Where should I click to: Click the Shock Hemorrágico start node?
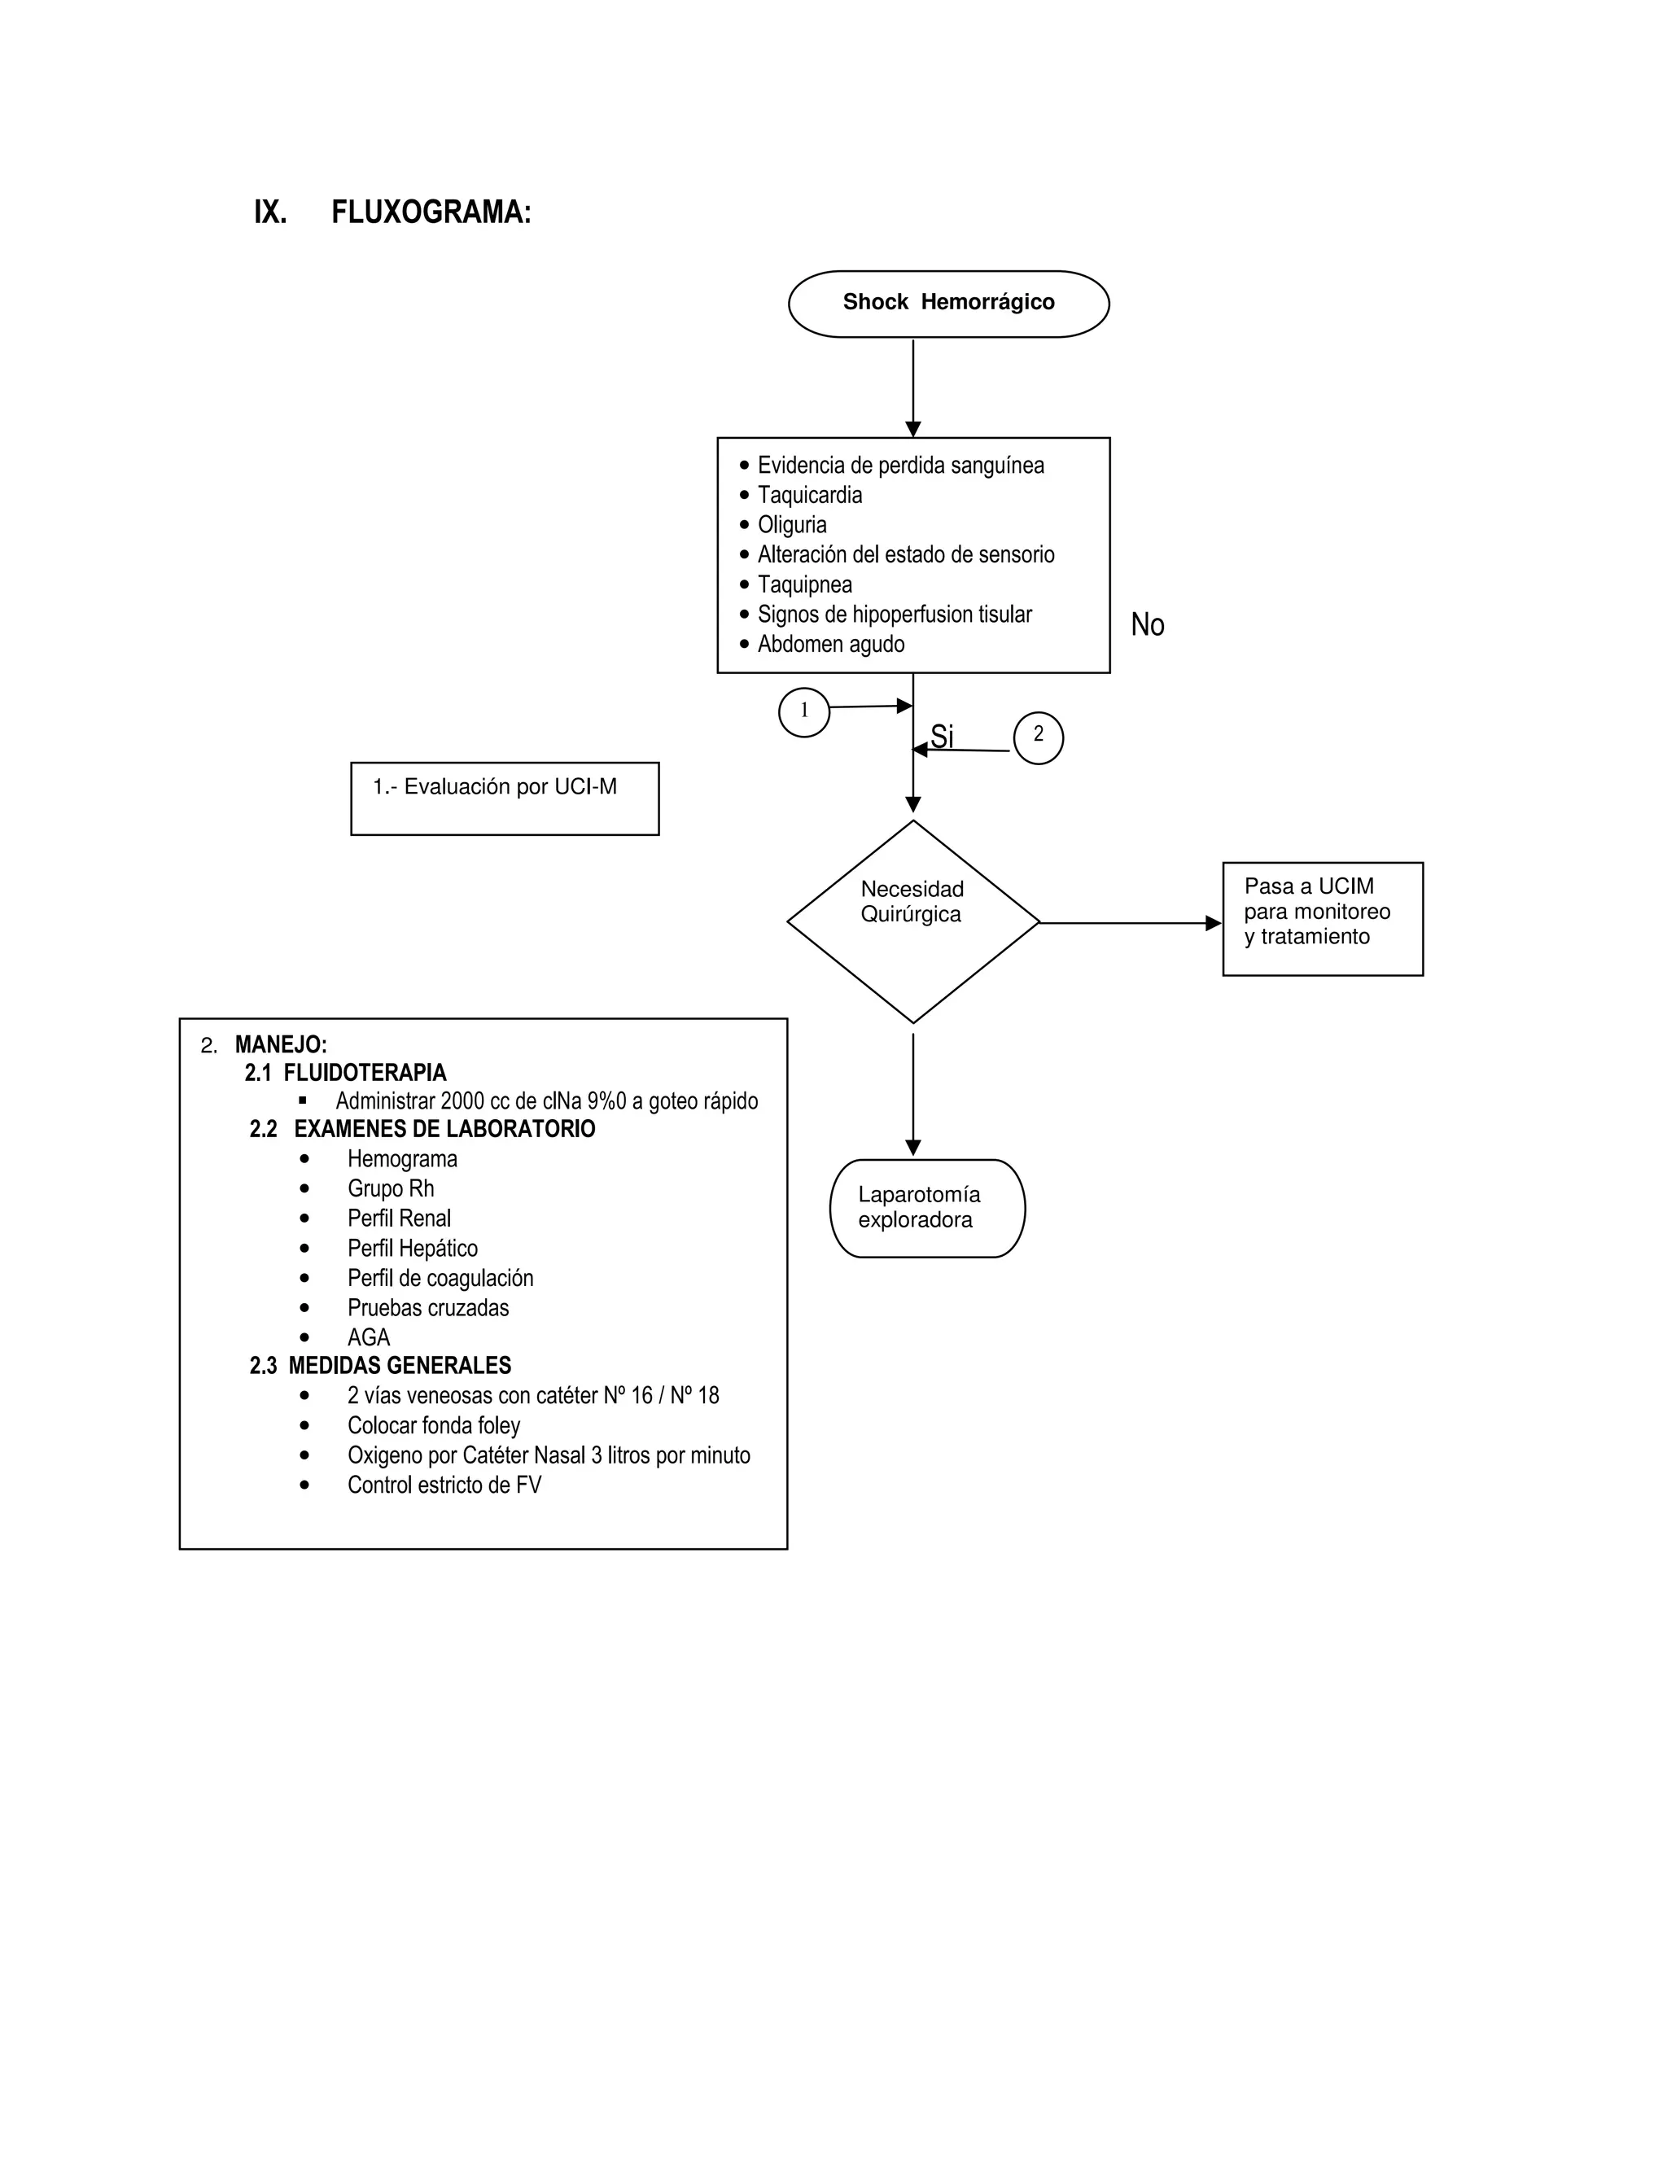click(948, 304)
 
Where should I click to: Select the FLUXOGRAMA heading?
click(431, 212)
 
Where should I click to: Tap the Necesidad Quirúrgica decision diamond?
click(912, 921)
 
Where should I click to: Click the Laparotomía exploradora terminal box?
click(926, 1208)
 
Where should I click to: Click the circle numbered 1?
click(804, 711)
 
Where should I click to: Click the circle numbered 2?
click(1038, 737)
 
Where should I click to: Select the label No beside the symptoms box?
click(1147, 624)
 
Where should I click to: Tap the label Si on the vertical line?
click(942, 737)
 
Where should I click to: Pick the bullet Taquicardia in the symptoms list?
click(809, 495)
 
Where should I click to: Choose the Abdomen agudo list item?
click(829, 644)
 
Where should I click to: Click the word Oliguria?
click(791, 524)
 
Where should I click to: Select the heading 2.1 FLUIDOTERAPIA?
click(346, 1073)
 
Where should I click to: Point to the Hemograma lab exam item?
click(402, 1158)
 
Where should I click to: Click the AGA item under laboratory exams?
click(369, 1337)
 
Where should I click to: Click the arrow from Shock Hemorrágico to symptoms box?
click(912, 387)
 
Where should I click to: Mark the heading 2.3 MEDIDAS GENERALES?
click(380, 1365)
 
